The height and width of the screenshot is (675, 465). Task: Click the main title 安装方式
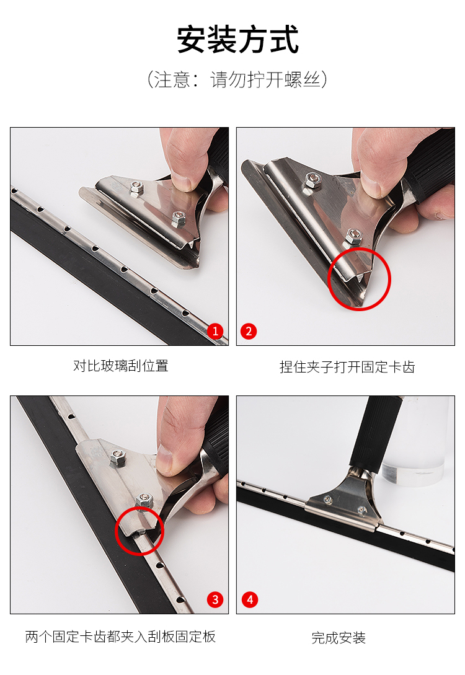pyautogui.click(x=237, y=39)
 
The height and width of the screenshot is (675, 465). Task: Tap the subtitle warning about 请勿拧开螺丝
pyautogui.click(x=237, y=79)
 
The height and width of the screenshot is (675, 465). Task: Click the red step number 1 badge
pyautogui.click(x=215, y=331)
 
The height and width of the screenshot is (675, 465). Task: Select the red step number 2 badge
pyautogui.click(x=249, y=331)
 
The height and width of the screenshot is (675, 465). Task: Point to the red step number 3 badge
pyautogui.click(x=215, y=599)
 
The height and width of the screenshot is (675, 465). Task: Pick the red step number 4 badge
pyautogui.click(x=250, y=599)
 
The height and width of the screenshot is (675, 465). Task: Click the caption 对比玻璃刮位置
pyautogui.click(x=120, y=366)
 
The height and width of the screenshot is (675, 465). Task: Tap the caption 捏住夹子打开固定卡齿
pyautogui.click(x=347, y=367)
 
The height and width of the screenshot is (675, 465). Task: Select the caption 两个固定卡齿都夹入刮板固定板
pyautogui.click(x=120, y=636)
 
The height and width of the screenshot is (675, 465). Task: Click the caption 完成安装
pyautogui.click(x=339, y=638)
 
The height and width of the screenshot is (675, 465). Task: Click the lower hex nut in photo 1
pyautogui.click(x=179, y=219)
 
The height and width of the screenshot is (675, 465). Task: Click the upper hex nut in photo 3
pyautogui.click(x=117, y=457)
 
